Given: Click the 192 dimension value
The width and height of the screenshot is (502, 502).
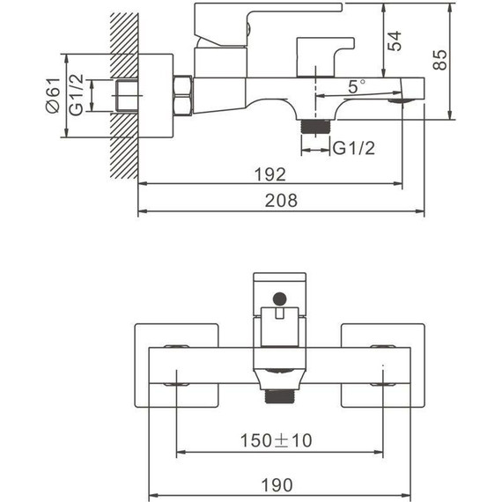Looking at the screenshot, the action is pyautogui.click(x=269, y=174).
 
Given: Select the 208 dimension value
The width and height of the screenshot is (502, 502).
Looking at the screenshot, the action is pyautogui.click(x=281, y=201).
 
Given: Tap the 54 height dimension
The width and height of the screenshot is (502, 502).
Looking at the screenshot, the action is pyautogui.click(x=394, y=41).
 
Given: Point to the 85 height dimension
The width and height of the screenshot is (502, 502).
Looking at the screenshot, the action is pyautogui.click(x=439, y=59).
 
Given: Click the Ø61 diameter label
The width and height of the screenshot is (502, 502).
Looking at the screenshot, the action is pyautogui.click(x=53, y=95).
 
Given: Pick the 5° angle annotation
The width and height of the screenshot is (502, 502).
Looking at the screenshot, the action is pyautogui.click(x=357, y=86).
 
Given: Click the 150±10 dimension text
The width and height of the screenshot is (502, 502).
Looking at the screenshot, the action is pyautogui.click(x=276, y=440).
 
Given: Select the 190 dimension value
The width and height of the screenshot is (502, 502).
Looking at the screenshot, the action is pyautogui.click(x=277, y=485).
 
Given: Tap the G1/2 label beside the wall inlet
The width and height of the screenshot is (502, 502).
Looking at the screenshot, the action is pyautogui.click(x=77, y=94).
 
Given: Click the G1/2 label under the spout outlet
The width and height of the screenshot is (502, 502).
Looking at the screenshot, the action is pyautogui.click(x=354, y=148).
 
